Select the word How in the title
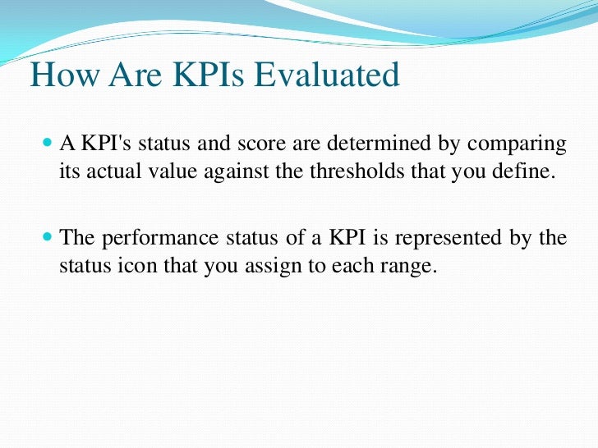pyautogui.click(x=60, y=75)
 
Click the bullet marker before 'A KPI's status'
pyautogui.click(x=46, y=144)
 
